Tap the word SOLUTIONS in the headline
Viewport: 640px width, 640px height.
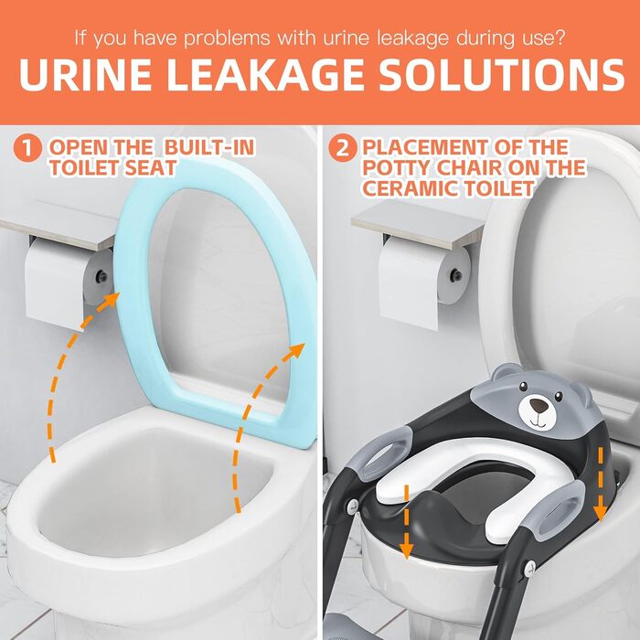[501, 74]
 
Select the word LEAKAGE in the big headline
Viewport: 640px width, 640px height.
[265, 74]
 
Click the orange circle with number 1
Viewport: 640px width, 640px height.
[27, 148]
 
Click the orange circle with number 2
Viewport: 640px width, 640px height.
[343, 148]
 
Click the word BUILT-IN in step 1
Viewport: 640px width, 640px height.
[210, 147]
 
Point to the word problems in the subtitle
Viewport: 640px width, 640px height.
[227, 38]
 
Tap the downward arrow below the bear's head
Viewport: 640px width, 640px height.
[600, 484]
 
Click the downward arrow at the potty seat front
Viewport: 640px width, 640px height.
[406, 522]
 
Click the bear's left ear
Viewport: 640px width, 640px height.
[506, 373]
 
